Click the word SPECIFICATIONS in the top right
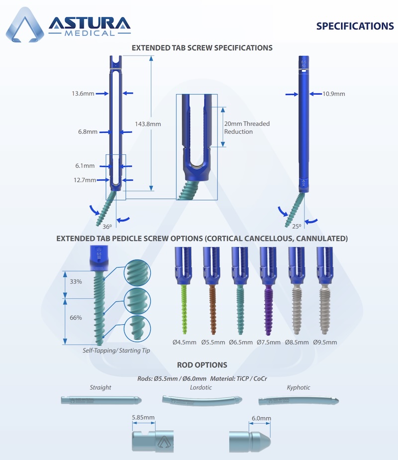coord(355,26)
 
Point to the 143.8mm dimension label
coord(148,124)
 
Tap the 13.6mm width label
coord(83,93)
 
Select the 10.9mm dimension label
coord(333,93)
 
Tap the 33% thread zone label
coord(76,281)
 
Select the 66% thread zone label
coord(76,318)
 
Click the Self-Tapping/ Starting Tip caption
coord(116,351)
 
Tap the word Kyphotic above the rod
coord(298,387)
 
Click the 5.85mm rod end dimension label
coord(143,417)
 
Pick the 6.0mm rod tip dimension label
coord(261,418)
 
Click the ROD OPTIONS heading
coord(202,366)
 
